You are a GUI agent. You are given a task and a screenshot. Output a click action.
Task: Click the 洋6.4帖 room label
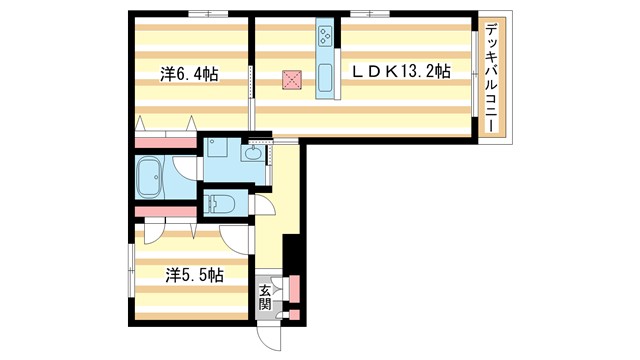point(190,74)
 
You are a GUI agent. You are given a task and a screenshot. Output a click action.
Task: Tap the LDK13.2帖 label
point(399,72)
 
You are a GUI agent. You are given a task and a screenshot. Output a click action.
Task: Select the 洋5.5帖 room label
point(193,273)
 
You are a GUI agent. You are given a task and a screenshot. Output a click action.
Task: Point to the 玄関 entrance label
point(265,296)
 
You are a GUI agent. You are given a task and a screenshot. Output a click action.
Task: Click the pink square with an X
point(292,80)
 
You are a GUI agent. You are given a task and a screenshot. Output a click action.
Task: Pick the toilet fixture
point(221,205)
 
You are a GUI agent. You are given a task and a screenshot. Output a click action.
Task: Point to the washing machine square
point(219,154)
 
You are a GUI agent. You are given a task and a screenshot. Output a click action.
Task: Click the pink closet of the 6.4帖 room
point(165,140)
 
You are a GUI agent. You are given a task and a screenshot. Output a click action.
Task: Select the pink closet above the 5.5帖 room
point(165,210)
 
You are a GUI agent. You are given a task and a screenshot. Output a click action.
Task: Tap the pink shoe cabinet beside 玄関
point(294,290)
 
